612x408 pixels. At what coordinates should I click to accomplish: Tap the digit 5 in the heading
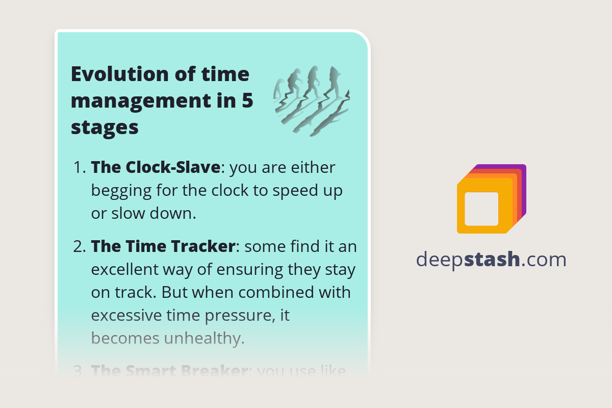(247, 101)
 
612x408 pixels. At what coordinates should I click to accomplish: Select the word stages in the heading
(105, 127)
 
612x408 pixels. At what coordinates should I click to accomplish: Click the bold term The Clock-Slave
(156, 167)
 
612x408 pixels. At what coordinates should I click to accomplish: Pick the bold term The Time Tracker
(163, 247)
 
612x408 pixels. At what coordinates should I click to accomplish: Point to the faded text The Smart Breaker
(168, 370)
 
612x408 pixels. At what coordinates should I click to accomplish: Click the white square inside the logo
(481, 209)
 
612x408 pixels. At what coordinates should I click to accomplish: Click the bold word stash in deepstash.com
(494, 260)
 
